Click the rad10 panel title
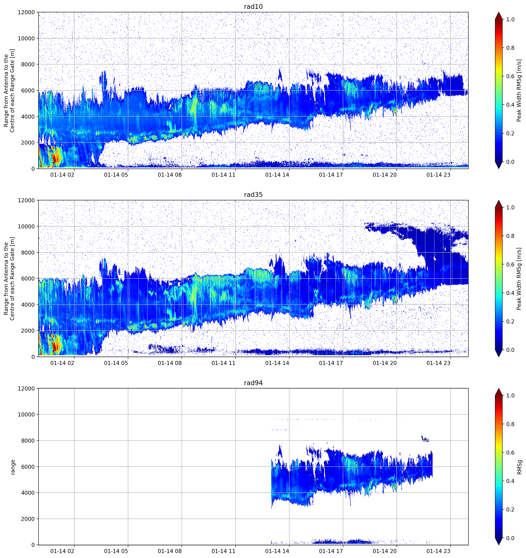coord(253,7)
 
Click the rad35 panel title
coord(253,195)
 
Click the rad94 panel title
coord(253,383)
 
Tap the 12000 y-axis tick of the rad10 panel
coord(26,12)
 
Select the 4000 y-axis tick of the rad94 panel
coord(28,493)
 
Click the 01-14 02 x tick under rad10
coord(62,175)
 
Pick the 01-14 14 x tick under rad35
coord(277,363)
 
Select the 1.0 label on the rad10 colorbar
coord(510,19)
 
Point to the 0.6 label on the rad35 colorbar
coord(510,264)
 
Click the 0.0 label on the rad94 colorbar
coord(510,538)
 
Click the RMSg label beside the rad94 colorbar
coord(519,467)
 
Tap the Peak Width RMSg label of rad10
coord(519,90)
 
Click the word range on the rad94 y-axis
coord(13,467)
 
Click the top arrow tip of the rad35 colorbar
coord(498,200)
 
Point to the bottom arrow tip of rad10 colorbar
coord(498,168)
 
